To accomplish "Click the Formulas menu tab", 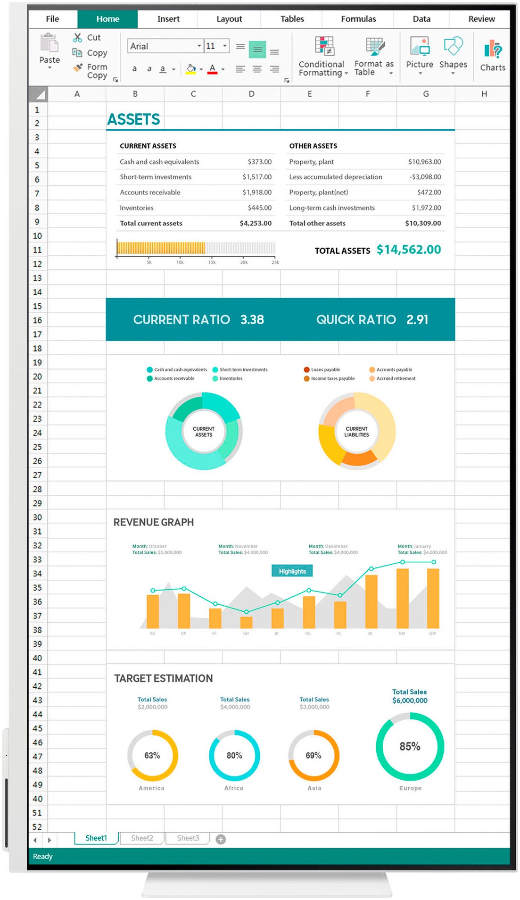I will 358,19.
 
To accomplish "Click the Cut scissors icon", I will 78,38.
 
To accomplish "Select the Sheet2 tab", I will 142,838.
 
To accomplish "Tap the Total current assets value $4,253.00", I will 256,223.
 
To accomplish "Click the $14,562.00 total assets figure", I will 409,250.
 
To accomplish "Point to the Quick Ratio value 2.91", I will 417,320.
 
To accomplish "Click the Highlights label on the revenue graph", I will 292,571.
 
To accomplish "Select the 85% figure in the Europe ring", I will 410,746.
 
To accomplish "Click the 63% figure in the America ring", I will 152,755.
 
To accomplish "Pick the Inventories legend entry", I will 231,378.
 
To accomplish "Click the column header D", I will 251,94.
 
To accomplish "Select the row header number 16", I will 37,320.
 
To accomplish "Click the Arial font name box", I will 163,46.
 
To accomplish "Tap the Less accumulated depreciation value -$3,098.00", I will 425,177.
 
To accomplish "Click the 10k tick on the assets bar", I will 180,262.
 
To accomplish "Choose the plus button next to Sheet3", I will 221,839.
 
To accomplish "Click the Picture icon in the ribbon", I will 420,47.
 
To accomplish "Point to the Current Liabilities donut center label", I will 356,432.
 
